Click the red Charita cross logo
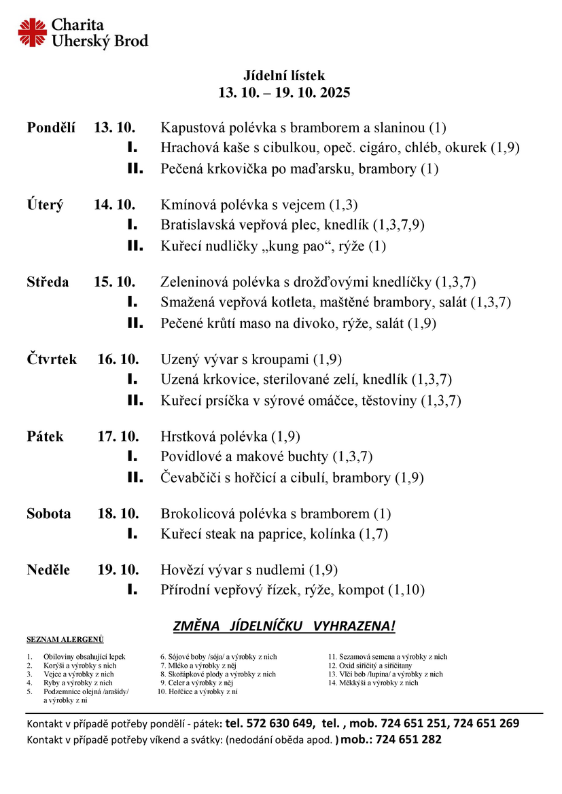[32, 33]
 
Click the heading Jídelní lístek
[284, 76]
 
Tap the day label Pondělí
[51, 127]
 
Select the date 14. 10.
[115, 204]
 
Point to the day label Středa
[48, 282]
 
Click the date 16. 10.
[118, 359]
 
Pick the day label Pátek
[45, 437]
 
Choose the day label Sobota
[48, 514]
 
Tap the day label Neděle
[48, 570]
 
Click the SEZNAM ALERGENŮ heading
[65, 640]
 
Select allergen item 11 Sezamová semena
[387, 657]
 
